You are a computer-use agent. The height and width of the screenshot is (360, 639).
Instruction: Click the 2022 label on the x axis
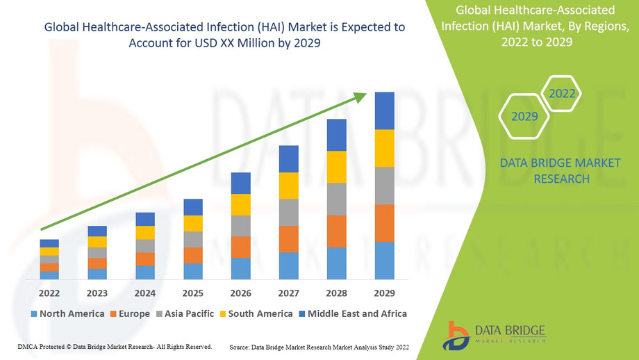pos(49,293)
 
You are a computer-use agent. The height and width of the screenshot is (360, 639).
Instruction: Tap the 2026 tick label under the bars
pos(240,293)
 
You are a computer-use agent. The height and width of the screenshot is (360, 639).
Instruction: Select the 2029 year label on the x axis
pos(384,293)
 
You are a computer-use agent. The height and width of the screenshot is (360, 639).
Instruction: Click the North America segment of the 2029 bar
pos(384,261)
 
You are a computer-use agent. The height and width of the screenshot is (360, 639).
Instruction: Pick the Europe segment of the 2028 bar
pos(336,231)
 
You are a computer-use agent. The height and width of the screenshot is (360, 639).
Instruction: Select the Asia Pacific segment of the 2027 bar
pos(288,213)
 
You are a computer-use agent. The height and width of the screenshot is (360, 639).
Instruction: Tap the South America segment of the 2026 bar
pos(240,204)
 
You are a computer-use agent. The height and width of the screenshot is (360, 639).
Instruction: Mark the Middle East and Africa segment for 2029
pos(384,111)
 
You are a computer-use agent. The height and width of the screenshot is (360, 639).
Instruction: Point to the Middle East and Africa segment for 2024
pos(145,219)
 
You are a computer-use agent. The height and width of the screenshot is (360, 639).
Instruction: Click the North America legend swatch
pos(33,314)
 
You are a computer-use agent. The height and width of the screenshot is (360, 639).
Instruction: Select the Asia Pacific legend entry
pos(185,314)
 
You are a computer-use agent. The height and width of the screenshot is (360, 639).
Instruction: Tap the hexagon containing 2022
pos(562,94)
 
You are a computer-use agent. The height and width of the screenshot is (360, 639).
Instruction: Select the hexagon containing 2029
pos(524,116)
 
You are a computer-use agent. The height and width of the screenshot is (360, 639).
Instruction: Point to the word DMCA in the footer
pos(27,346)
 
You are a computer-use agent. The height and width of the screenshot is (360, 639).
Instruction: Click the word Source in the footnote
pos(240,346)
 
